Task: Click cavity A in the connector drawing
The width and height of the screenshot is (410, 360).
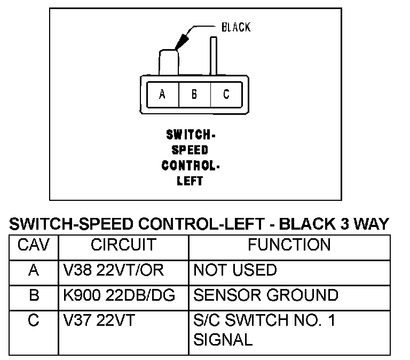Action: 162,95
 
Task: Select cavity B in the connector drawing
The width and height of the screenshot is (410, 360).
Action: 194,95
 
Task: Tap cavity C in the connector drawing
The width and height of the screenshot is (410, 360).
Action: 226,95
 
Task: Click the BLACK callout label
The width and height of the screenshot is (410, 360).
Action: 235,27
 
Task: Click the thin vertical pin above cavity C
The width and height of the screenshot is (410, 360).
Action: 213,56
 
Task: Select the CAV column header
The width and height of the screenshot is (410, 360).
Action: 34,245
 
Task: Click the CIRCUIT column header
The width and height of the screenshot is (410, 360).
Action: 123,245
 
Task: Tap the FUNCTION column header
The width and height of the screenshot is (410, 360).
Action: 289,245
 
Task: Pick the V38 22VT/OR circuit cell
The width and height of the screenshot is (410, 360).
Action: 115,270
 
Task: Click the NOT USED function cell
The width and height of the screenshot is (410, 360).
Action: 235,270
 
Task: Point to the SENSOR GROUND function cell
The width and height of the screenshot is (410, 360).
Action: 265,295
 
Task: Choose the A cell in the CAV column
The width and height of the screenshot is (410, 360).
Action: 34,270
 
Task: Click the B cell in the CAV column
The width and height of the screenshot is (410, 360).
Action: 34,295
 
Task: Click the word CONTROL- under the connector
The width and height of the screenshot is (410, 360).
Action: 191,165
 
